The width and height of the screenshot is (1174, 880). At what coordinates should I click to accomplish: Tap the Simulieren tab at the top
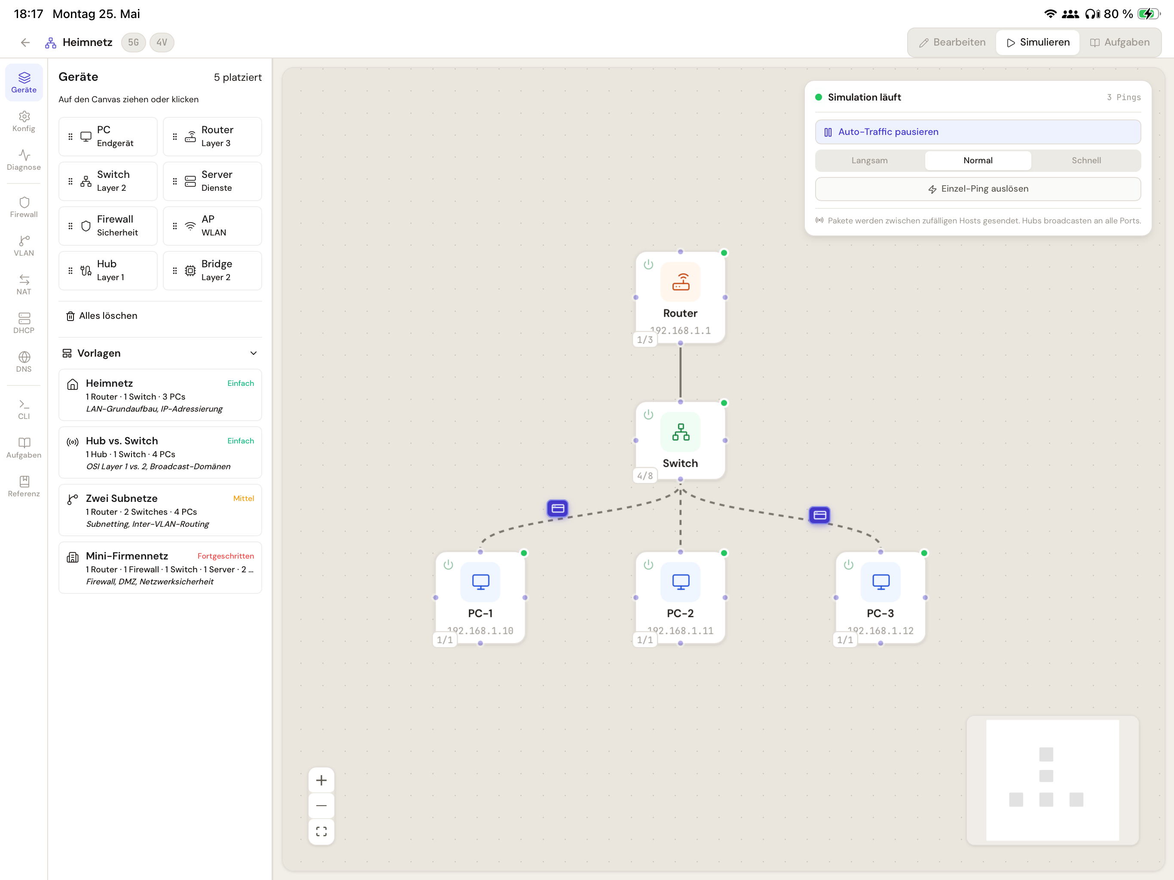tap(1038, 43)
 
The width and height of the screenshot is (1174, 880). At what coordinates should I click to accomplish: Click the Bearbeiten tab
tap(952, 43)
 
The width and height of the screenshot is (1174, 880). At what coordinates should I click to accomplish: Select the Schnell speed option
tap(1086, 160)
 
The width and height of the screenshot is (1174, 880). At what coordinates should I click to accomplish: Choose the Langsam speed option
tap(869, 160)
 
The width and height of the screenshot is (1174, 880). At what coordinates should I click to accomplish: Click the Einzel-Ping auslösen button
tap(978, 189)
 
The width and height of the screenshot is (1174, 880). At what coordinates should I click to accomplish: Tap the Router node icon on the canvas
tap(680, 282)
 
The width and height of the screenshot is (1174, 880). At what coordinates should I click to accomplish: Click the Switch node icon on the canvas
tap(680, 432)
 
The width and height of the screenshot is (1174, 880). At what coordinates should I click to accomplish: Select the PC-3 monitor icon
tap(880, 582)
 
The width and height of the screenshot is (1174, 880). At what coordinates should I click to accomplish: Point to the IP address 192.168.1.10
tap(480, 630)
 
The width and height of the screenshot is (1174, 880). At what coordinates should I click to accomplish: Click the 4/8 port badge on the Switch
tap(645, 476)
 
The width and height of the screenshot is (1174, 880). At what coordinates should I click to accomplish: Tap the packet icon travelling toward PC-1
tap(557, 508)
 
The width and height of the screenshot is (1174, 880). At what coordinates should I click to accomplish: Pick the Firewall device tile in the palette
tap(108, 226)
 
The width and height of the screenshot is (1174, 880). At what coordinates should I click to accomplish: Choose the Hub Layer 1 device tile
tap(108, 271)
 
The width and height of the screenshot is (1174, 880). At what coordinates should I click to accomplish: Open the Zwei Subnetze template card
tap(160, 510)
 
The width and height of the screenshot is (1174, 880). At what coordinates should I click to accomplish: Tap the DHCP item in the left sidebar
tap(24, 323)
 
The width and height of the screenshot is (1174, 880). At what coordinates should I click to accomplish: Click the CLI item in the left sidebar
tap(24, 409)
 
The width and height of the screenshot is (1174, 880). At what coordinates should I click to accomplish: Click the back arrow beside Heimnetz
tap(25, 43)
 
